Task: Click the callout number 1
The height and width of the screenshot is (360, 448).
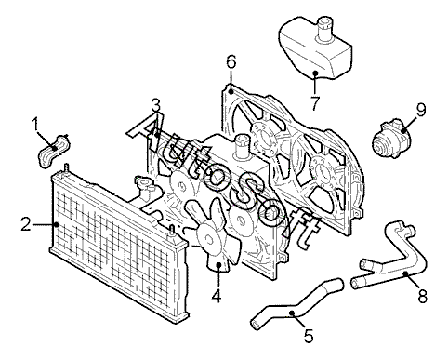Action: point(35,124)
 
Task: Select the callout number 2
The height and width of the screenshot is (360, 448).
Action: point(26,224)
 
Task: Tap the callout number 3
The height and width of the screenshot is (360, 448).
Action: point(156,105)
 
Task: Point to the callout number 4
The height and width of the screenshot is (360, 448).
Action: point(217,295)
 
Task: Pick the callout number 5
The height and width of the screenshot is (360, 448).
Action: point(309,336)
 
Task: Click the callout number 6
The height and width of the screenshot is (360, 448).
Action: point(231,61)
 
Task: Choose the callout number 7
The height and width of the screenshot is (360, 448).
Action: point(315,103)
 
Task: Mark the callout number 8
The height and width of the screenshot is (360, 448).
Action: point(423,296)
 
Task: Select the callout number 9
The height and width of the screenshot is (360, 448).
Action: point(421,110)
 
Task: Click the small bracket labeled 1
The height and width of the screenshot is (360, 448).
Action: point(53,152)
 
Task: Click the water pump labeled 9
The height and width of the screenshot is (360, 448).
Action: point(389,139)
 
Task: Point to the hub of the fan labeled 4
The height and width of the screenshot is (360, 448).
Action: point(208,239)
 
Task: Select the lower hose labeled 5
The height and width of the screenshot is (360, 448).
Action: point(295,305)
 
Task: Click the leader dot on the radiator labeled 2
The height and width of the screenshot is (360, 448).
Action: point(56,224)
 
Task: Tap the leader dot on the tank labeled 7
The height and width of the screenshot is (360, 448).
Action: point(315,73)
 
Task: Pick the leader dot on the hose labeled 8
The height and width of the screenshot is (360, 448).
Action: point(405,273)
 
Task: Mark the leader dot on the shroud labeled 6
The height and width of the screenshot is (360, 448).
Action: point(231,92)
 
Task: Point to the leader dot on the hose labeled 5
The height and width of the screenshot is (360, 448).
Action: point(292,313)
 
